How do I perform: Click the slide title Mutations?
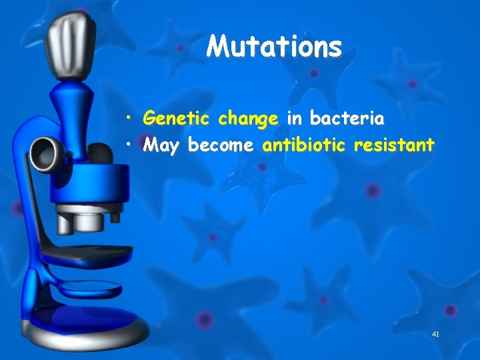[274, 47]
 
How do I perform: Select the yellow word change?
[248, 119]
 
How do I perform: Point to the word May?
[161, 145]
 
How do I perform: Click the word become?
[221, 145]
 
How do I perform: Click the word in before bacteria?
[294, 119]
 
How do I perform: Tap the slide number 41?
[436, 333]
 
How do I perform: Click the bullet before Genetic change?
[134, 120]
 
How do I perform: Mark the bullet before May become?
[134, 145]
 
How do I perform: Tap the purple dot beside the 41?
[451, 310]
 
